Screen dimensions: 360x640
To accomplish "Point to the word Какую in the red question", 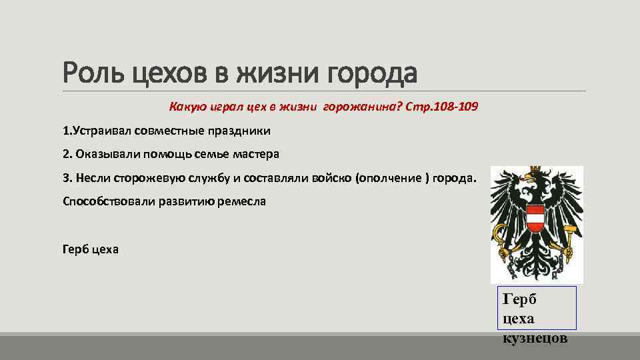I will [x=185, y=107].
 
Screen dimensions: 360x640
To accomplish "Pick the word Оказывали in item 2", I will [x=102, y=154].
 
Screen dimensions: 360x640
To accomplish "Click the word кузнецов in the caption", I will [x=535, y=338].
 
